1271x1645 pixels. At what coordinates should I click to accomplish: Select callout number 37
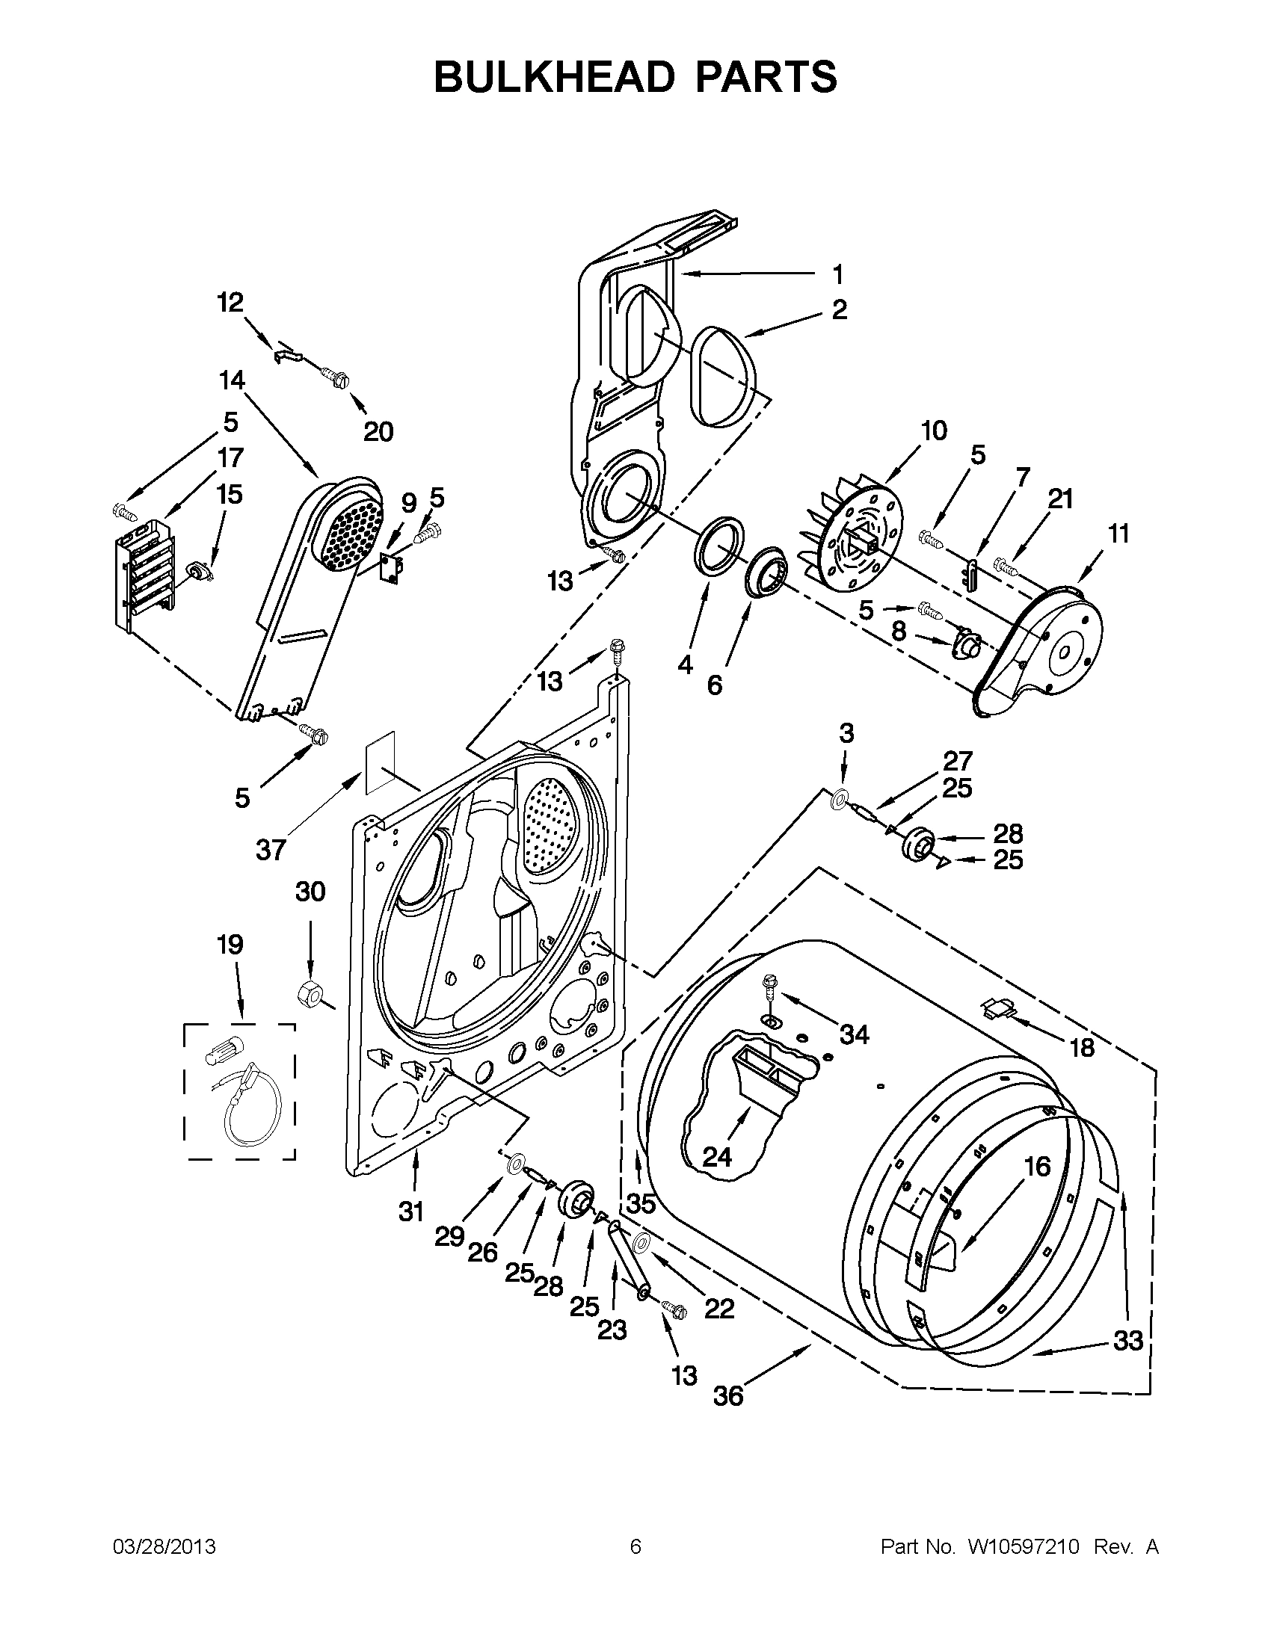[271, 850]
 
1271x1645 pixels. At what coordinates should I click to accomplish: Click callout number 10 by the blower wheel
[934, 430]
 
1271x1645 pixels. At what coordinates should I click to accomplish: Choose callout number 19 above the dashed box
[230, 944]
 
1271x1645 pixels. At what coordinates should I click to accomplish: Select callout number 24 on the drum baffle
[716, 1156]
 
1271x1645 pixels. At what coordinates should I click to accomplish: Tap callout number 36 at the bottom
[728, 1395]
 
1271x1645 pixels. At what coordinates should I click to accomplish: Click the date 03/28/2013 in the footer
[164, 1547]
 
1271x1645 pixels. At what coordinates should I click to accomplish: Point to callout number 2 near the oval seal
[840, 309]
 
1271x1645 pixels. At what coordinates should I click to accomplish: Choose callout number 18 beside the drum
[1082, 1047]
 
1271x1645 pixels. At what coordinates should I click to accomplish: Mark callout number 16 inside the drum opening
[1038, 1166]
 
